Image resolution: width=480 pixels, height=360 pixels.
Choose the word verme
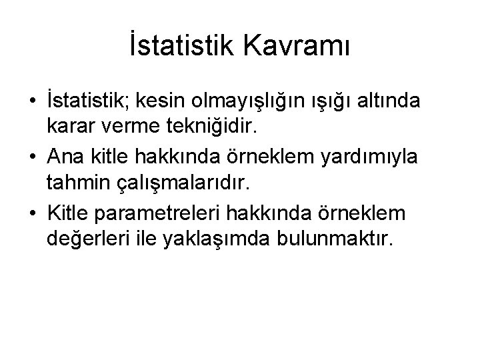pos(129,127)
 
